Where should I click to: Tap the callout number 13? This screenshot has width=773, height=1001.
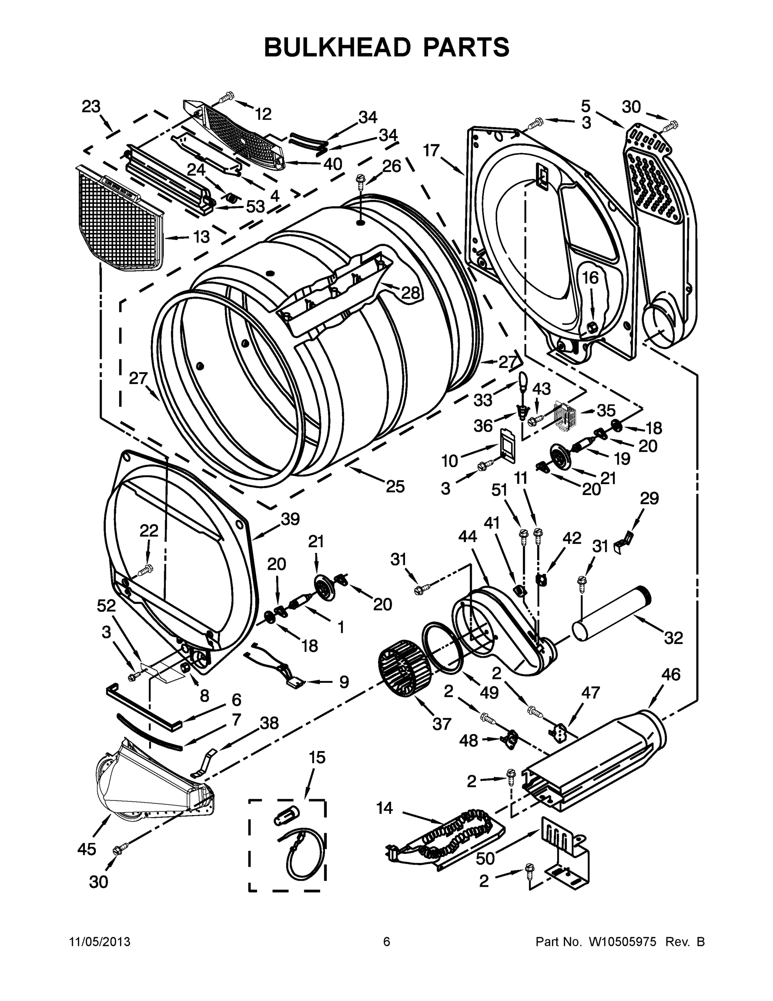click(201, 237)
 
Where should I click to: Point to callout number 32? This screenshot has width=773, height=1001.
click(673, 638)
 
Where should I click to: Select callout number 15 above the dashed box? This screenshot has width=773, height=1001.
click(317, 757)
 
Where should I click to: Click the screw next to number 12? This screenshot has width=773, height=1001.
click(227, 98)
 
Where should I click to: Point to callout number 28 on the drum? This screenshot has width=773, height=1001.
click(410, 293)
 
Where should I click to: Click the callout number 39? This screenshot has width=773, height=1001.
click(290, 519)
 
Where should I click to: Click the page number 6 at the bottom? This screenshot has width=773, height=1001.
click(387, 942)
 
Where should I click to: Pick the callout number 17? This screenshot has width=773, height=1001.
click(431, 150)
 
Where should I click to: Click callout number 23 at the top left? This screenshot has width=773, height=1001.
click(91, 107)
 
